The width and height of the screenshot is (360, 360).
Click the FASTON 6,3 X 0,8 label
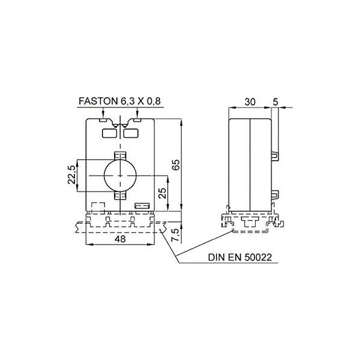119,101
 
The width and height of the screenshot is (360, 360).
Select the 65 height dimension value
176,164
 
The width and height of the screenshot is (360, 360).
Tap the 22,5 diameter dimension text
71,175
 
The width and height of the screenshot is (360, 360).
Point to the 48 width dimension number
120,239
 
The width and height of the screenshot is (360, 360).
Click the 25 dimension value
163,193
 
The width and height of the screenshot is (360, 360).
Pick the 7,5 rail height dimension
175,235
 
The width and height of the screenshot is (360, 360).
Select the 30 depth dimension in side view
250,102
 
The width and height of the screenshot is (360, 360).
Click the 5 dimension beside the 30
275,102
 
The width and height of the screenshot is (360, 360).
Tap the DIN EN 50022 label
240,257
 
